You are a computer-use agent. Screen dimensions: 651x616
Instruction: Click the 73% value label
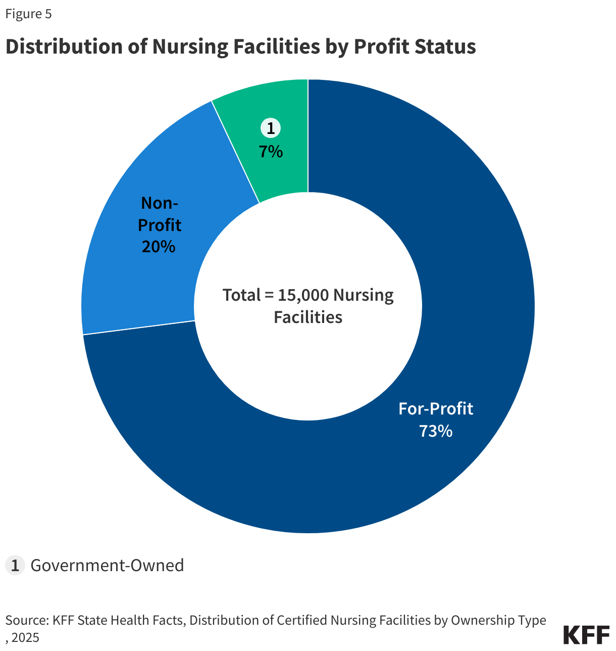click(x=436, y=431)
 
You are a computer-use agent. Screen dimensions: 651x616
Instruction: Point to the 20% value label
click(x=159, y=247)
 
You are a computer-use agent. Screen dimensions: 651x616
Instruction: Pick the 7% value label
click(x=271, y=151)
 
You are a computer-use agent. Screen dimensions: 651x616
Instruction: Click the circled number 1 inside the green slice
click(x=271, y=128)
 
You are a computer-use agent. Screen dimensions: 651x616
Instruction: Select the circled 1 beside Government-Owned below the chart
click(x=15, y=565)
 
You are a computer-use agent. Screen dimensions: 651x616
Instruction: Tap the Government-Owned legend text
click(x=107, y=565)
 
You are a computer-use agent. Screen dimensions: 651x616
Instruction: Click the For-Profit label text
click(x=436, y=408)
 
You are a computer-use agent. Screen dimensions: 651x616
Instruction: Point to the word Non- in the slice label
click(x=160, y=203)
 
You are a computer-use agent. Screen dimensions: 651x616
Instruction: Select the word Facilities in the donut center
click(x=308, y=317)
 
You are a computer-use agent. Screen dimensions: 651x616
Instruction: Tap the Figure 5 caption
click(x=28, y=14)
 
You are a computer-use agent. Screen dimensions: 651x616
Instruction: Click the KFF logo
click(x=586, y=635)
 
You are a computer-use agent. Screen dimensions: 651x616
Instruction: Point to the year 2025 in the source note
click(x=25, y=638)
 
